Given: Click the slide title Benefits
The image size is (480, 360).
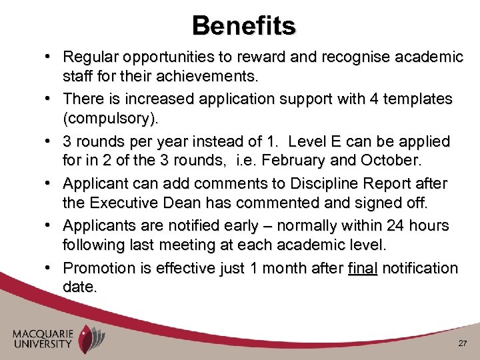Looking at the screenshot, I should tap(243, 25).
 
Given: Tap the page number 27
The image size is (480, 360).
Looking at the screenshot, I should tap(462, 343).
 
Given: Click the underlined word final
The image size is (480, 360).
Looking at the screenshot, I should tap(363, 269).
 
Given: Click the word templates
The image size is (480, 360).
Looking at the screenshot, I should tap(410, 99).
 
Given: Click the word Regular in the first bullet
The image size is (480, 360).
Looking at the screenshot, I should tap(89, 57).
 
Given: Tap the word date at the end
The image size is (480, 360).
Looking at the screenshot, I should tap(79, 289).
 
